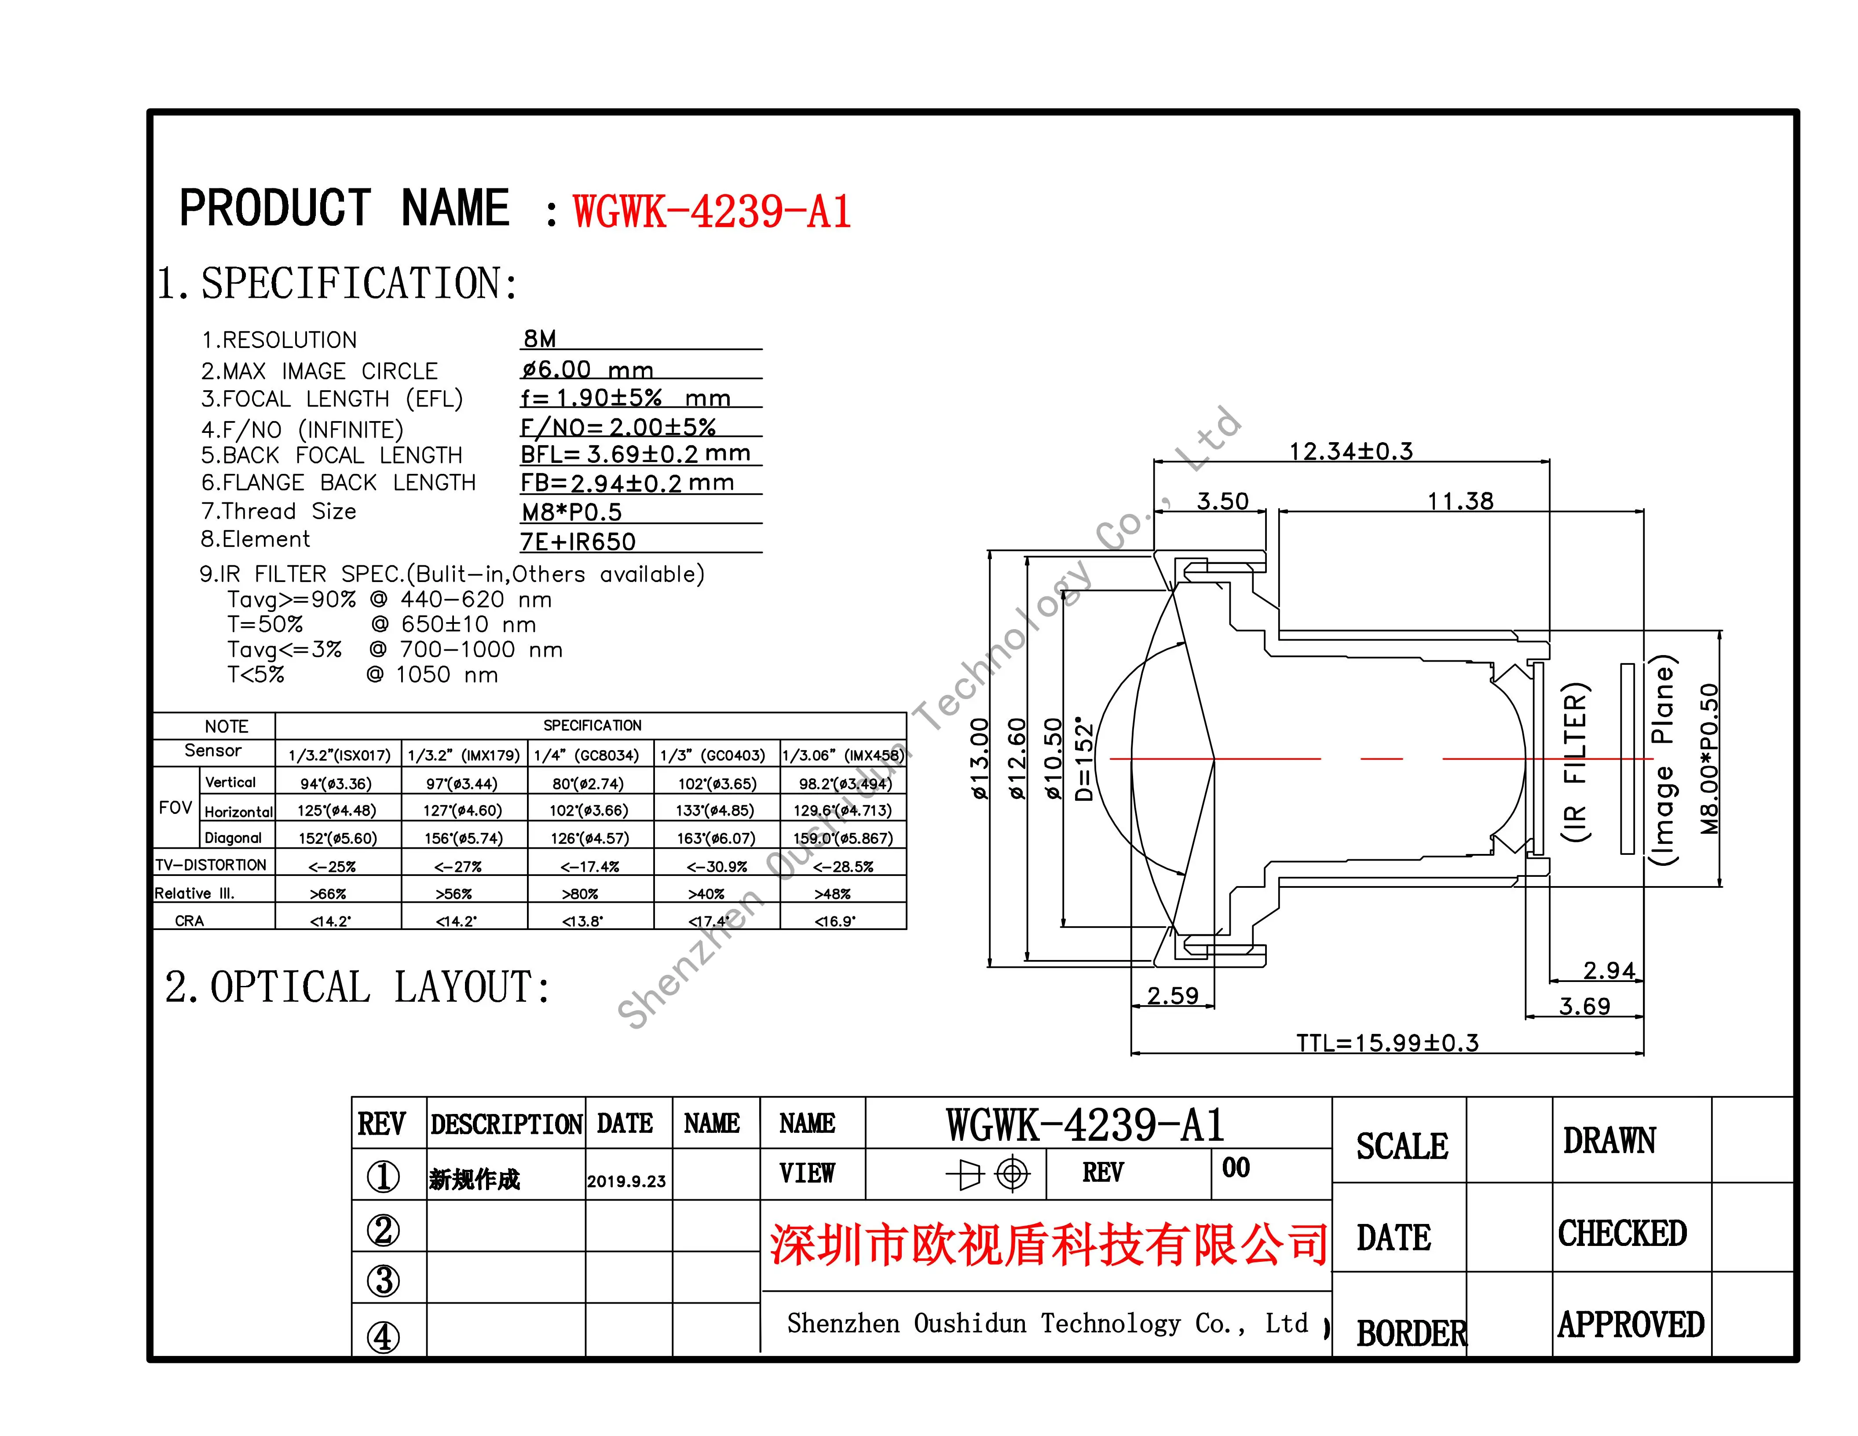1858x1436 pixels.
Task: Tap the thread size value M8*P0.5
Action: [572, 512]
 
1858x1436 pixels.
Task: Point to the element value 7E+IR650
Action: [578, 542]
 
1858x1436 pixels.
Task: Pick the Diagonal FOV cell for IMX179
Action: [464, 838]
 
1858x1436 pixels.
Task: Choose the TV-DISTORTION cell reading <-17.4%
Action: [589, 866]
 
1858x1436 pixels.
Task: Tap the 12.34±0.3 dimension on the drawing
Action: [1351, 451]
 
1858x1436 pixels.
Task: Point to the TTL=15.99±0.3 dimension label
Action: [1387, 1043]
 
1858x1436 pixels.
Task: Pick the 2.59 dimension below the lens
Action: [1172, 995]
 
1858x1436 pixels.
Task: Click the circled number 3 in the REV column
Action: [383, 1280]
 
